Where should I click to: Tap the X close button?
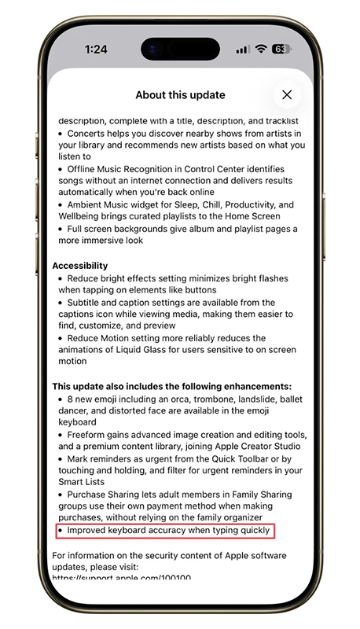[x=287, y=95]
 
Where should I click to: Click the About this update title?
[x=180, y=95]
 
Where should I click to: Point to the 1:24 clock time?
[x=96, y=49]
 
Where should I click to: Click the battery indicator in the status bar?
[x=281, y=49]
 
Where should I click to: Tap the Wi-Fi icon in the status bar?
[x=260, y=49]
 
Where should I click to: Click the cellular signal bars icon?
[x=242, y=49]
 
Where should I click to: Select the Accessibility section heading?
[x=80, y=266]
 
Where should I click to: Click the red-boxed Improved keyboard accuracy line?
[x=167, y=531]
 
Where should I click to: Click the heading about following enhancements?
[x=171, y=387]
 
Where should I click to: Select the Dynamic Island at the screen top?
[x=180, y=49]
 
